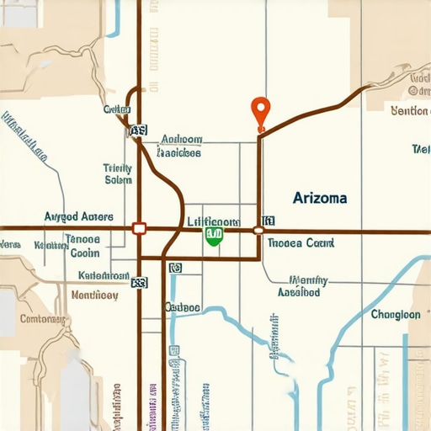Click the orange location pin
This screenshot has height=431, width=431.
[261, 110]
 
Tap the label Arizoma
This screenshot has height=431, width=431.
[320, 198]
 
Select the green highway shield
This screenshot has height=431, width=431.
[214, 236]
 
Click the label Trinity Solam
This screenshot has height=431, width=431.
[118, 173]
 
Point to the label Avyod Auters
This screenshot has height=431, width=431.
[78, 216]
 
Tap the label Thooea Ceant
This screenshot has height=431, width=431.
[301, 242]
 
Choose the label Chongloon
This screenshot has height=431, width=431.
[395, 314]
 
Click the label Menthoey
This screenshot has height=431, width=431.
[94, 295]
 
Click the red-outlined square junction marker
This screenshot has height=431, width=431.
[139, 228]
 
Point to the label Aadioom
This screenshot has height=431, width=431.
[180, 146]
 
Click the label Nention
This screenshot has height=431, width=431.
[410, 110]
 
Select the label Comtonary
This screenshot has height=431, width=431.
[42, 319]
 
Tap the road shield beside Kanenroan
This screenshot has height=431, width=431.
[137, 284]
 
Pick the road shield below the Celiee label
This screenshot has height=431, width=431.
[137, 130]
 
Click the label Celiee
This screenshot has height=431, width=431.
[117, 109]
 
